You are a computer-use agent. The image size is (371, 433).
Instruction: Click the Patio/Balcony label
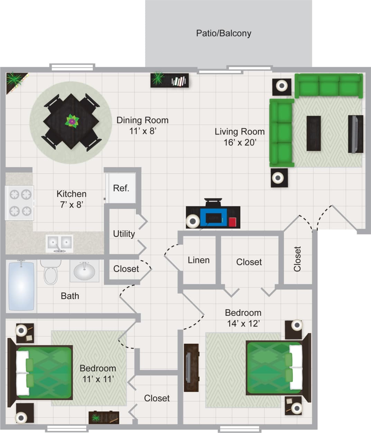[x=223, y=33]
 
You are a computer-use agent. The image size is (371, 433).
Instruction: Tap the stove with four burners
[x=20, y=203]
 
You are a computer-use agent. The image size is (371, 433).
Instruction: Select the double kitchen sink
[x=59, y=242]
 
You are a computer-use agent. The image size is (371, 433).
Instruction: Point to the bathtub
[x=21, y=286]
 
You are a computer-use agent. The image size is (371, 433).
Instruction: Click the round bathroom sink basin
[x=84, y=271]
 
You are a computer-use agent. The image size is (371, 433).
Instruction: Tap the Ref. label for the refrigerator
[x=121, y=188]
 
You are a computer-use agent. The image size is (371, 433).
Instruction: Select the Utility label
[x=124, y=234]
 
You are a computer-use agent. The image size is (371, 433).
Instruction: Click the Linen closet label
[x=198, y=260]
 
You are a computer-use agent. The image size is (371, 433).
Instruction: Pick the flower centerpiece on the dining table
[x=72, y=121]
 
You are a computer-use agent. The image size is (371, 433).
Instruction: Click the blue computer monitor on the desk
[x=213, y=218]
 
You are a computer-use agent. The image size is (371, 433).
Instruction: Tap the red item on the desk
[x=232, y=222]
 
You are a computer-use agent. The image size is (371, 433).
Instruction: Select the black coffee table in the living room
[x=313, y=133]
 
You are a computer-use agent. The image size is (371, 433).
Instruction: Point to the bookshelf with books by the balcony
[x=169, y=80]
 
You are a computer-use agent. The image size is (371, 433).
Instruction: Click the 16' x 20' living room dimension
[x=239, y=142]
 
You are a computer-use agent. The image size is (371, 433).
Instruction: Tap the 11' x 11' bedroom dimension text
[x=98, y=379]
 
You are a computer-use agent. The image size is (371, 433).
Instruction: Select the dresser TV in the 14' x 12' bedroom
[x=191, y=368]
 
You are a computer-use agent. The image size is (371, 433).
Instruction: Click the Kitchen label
[x=72, y=194]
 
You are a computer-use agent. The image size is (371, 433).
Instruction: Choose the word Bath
[x=70, y=296]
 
